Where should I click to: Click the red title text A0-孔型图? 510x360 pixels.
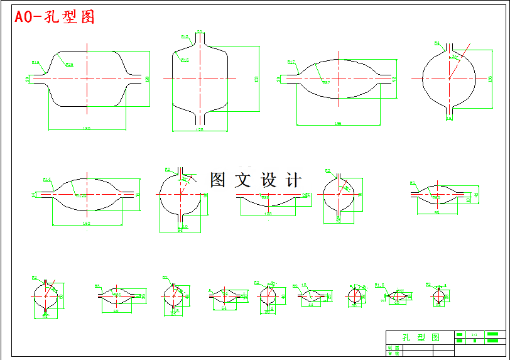[x=55, y=17]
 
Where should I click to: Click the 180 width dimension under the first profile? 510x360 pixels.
[x=87, y=128]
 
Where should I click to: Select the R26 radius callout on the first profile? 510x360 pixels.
[x=70, y=64]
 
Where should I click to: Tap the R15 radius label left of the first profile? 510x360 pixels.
[x=36, y=62]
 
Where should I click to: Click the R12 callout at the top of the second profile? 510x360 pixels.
[x=185, y=37]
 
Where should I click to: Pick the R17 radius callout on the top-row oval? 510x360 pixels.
[x=291, y=62]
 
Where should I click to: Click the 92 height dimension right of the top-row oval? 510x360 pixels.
[x=394, y=79]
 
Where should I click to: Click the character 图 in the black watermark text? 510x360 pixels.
[x=217, y=180]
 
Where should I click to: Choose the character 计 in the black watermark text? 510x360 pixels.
[x=293, y=180]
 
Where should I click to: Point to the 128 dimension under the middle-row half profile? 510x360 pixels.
[x=268, y=214]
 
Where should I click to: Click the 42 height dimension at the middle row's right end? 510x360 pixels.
[x=477, y=195]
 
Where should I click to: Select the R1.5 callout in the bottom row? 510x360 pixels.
[x=379, y=285]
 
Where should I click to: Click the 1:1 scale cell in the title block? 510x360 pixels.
[x=475, y=334]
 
